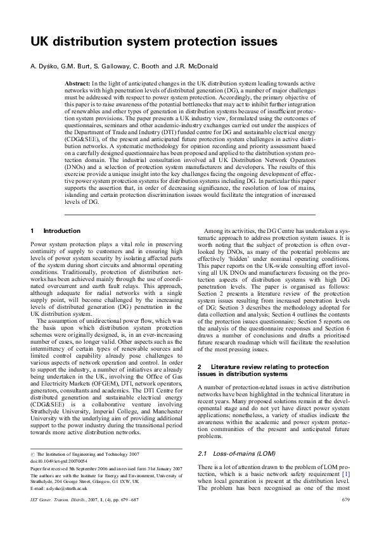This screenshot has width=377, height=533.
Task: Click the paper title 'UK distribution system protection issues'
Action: (154, 42)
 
